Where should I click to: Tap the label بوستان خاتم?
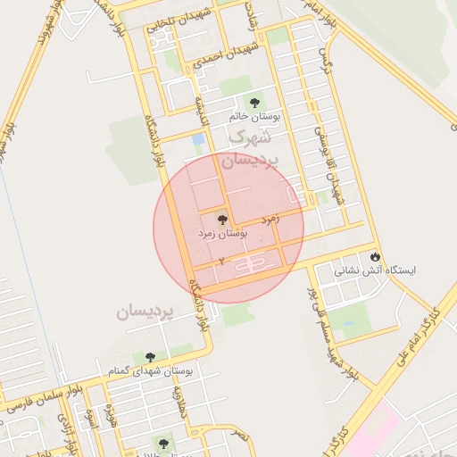coord(254,116)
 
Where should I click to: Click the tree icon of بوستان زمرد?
coord(222,219)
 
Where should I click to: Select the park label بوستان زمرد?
coord(222,233)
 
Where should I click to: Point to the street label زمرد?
coord(271,218)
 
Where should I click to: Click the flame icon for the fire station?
coord(376,255)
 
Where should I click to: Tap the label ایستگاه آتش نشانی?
coord(376,270)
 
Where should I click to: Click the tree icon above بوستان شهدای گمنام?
coord(150,357)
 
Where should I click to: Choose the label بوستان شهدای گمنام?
coord(150,370)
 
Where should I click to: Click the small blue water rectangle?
coord(198,140)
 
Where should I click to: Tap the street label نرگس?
coord(325,66)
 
